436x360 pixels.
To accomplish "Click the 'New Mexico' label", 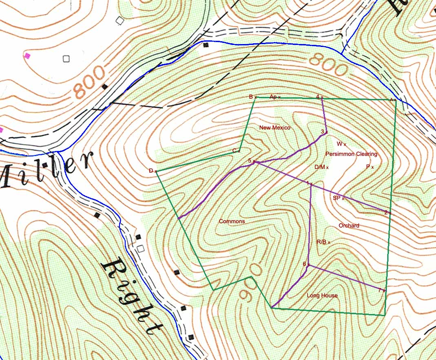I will pyautogui.click(x=274, y=128).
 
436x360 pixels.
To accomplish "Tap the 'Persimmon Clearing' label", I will pyautogui.click(x=351, y=154).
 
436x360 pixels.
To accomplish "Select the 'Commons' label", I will pyautogui.click(x=232, y=221).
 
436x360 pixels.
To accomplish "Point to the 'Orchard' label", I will pyautogui.click(x=349, y=226).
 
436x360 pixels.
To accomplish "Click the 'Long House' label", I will pyautogui.click(x=322, y=295).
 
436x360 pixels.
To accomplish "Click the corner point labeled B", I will pyautogui.click(x=255, y=98).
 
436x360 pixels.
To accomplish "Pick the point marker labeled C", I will pyautogui.click(x=239, y=151).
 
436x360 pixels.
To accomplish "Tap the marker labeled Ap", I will pyautogui.click(x=279, y=98).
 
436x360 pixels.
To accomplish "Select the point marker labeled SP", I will pyautogui.click(x=343, y=199).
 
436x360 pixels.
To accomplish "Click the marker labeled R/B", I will pyautogui.click(x=329, y=242).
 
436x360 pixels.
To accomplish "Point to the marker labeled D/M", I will pyautogui.click(x=327, y=168).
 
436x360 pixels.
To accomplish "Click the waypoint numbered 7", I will pyautogui.click(x=384, y=291).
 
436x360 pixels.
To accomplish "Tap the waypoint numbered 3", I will pyautogui.click(x=326, y=132).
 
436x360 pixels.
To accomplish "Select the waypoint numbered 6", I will pyautogui.click(x=309, y=265).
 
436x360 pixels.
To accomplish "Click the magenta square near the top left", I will pyautogui.click(x=27, y=56).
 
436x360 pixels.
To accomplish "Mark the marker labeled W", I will pyautogui.click(x=345, y=144).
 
